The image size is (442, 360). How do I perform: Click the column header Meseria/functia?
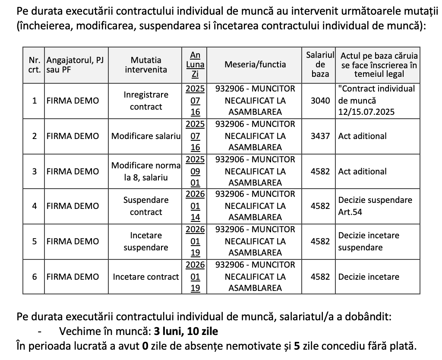(255, 64)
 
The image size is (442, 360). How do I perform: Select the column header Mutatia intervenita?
(146, 64)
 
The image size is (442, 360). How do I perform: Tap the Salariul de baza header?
(320, 64)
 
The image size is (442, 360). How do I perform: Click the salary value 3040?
(320, 101)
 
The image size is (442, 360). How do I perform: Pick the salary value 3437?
(320, 136)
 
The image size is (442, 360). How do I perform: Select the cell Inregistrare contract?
(146, 101)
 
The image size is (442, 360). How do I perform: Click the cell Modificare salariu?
(146, 136)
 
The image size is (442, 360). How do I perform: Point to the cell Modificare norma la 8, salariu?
(146, 171)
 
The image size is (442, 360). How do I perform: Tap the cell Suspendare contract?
(146, 206)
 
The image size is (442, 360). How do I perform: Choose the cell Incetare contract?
(146, 277)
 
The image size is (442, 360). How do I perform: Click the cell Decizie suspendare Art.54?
(375, 206)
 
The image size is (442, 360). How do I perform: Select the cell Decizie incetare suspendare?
(369, 242)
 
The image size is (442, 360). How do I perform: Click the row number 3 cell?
(34, 171)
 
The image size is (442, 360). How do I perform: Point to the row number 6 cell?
(34, 277)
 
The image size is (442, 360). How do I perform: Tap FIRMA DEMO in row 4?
(73, 206)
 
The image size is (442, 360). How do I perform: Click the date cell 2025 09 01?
(195, 171)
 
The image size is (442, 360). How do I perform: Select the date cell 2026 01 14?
(195, 206)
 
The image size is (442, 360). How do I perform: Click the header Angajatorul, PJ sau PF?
(75, 64)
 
